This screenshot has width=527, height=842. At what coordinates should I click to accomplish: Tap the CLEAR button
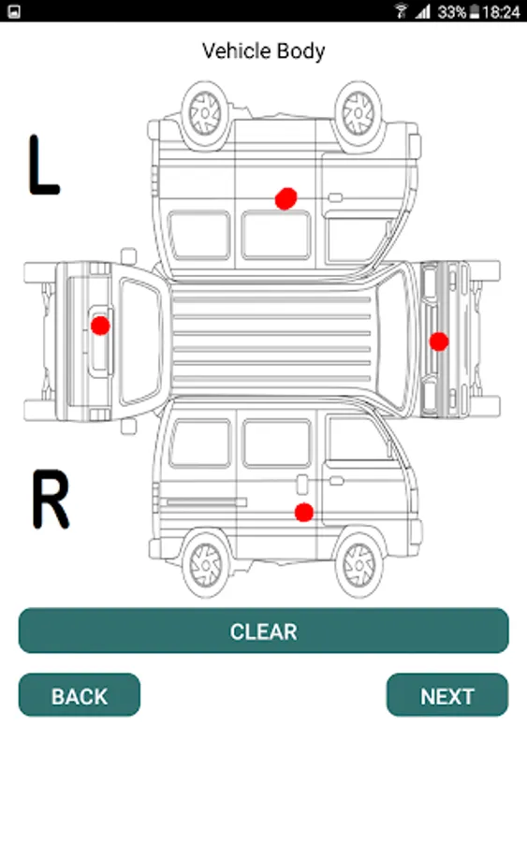click(x=263, y=631)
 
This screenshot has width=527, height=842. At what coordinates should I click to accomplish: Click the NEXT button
click(x=446, y=695)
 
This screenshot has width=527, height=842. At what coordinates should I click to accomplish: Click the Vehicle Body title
click(x=263, y=51)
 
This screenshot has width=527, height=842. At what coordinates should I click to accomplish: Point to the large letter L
click(x=43, y=165)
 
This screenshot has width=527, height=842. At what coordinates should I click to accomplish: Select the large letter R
click(x=51, y=499)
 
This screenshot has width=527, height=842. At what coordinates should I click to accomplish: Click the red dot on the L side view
click(x=285, y=198)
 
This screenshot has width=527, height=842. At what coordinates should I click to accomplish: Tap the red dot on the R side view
click(x=304, y=513)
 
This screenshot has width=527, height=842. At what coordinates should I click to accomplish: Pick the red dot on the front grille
click(x=439, y=341)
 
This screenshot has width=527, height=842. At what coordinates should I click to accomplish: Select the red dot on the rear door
click(x=100, y=326)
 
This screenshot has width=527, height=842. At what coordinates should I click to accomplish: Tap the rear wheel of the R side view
click(x=205, y=564)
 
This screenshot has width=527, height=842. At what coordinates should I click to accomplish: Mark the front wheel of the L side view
click(x=359, y=115)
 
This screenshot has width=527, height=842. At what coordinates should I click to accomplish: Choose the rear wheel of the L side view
click(x=205, y=114)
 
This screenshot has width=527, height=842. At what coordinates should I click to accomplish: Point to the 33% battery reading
click(x=451, y=12)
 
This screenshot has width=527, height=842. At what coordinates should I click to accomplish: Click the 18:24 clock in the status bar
click(x=501, y=12)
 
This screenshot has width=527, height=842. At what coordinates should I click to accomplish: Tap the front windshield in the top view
click(x=394, y=341)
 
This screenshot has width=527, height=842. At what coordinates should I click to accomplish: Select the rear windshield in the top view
click(x=140, y=341)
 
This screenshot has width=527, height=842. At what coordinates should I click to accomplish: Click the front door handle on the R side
click(x=336, y=481)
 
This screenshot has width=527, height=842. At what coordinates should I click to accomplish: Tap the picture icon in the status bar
click(x=14, y=11)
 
